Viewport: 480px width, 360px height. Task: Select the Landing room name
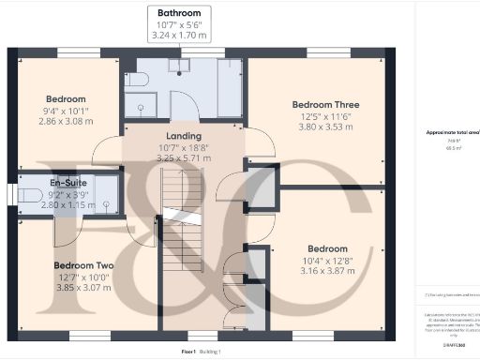point(185,137)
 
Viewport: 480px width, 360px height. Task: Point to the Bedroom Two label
point(82,265)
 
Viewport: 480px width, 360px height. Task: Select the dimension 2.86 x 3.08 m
point(67,123)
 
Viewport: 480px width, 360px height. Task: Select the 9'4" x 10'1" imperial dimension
point(67,111)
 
